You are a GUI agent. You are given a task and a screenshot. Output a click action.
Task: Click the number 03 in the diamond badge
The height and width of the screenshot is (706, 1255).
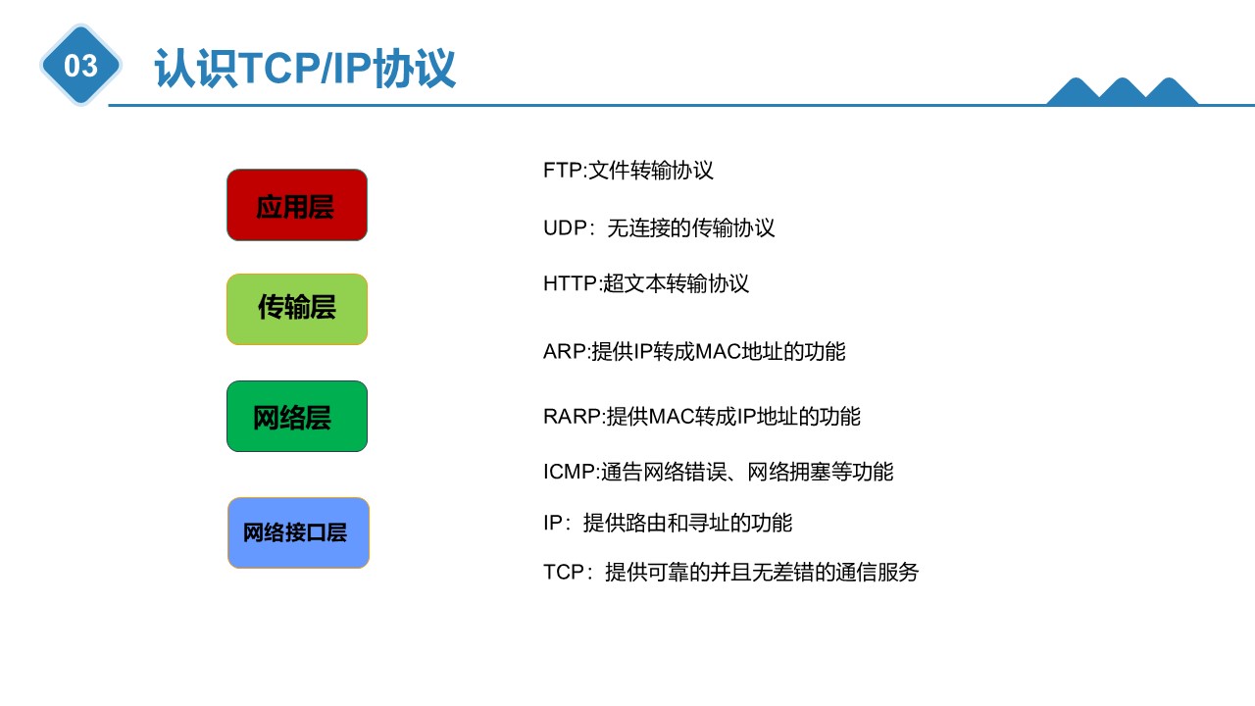click(x=80, y=66)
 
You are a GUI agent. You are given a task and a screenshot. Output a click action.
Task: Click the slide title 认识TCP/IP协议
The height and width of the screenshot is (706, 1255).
click(x=305, y=69)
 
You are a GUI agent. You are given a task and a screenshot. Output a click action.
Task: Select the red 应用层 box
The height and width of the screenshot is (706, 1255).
click(x=297, y=205)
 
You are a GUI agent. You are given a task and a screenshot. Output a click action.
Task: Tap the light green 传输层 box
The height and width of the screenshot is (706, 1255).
click(x=297, y=309)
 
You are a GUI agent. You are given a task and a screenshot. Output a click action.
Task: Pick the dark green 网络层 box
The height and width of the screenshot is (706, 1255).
click(x=297, y=417)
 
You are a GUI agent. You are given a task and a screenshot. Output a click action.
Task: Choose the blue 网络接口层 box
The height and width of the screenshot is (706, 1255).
click(x=298, y=532)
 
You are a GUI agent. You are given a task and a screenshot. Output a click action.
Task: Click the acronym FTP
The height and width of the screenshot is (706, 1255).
click(x=563, y=171)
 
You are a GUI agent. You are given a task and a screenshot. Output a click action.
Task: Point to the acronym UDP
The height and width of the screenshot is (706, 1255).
click(x=565, y=228)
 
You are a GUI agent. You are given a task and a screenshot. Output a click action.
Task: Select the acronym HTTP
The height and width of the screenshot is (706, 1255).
click(x=571, y=283)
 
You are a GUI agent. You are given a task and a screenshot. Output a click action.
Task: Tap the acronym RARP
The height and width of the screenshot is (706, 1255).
click(x=572, y=417)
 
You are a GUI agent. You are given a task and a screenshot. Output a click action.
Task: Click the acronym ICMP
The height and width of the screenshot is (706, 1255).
click(x=569, y=472)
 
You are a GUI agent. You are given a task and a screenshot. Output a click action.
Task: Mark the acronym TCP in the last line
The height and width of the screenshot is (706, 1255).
click(x=564, y=572)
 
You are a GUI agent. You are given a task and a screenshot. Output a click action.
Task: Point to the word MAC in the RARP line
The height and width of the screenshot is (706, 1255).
click(x=672, y=417)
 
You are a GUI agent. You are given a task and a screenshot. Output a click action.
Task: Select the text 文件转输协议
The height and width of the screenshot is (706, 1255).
click(x=651, y=171)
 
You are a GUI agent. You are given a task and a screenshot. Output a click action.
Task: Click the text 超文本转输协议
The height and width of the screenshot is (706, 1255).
click(x=676, y=283)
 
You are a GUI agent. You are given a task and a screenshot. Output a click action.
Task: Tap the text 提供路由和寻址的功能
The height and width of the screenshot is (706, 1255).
click(x=687, y=523)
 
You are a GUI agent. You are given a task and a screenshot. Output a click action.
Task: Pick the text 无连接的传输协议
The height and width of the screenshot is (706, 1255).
click(x=691, y=228)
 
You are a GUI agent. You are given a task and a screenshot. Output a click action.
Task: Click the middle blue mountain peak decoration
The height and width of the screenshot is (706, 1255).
click(x=1123, y=91)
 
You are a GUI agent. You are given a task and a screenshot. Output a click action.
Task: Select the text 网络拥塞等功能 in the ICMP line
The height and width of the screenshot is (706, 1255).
click(x=821, y=472)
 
